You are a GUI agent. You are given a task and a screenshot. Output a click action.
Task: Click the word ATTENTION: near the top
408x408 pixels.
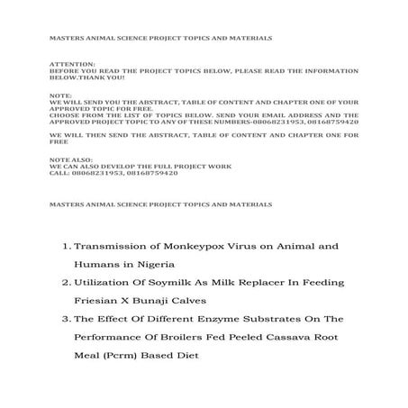click(66, 65)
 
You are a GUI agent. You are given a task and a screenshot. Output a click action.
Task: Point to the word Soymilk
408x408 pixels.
click(153, 282)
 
